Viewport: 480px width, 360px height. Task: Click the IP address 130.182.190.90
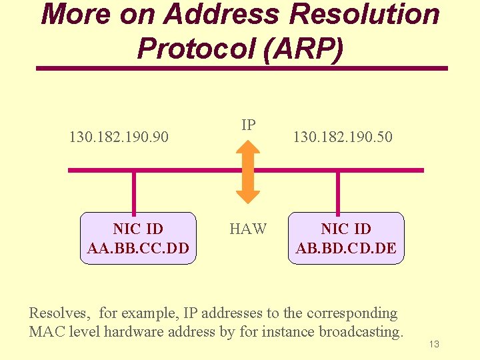click(119, 137)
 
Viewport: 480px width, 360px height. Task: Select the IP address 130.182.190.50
click(343, 137)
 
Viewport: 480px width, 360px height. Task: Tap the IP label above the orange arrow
click(248, 125)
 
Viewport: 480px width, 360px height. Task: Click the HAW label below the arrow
click(248, 229)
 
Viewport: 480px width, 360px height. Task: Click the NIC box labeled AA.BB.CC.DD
click(138, 239)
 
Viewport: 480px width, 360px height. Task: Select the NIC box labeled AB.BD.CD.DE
click(345, 239)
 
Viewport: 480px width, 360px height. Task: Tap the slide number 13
click(434, 345)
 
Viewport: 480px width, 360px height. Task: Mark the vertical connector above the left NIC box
click(134, 192)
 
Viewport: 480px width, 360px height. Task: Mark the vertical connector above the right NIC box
click(338, 192)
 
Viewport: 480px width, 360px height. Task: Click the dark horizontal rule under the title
click(241, 68)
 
